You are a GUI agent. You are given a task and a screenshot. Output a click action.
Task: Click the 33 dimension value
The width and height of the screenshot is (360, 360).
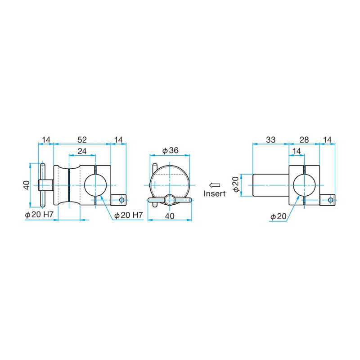click(x=270, y=140)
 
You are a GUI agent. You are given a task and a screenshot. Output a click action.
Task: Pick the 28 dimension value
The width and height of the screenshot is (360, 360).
click(x=304, y=140)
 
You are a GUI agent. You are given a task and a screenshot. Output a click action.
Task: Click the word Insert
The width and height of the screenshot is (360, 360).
click(x=215, y=194)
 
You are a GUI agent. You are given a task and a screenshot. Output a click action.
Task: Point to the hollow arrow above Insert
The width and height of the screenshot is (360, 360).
click(x=214, y=185)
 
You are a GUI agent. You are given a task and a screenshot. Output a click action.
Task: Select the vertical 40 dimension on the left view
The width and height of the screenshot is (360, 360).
click(x=26, y=184)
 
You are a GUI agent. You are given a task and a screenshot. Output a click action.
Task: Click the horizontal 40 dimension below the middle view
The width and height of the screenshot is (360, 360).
click(x=170, y=216)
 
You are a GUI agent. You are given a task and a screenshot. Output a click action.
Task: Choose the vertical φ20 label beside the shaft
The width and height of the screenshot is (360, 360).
click(x=235, y=184)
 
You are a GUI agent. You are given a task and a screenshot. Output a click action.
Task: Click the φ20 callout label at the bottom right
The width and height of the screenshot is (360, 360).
click(x=278, y=217)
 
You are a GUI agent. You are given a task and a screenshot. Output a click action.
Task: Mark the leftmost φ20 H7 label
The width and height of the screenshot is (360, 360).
click(x=40, y=216)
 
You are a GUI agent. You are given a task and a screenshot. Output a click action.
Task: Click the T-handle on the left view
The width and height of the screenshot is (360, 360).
click(x=42, y=184)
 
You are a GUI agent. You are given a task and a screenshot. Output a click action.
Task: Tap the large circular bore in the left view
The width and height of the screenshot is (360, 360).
click(x=95, y=185)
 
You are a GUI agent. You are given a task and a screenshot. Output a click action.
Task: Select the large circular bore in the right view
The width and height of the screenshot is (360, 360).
click(x=304, y=185)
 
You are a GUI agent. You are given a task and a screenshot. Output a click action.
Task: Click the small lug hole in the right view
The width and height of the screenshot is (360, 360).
click(x=331, y=199)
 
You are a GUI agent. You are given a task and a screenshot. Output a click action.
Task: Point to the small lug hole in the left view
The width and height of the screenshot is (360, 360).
click(x=121, y=199)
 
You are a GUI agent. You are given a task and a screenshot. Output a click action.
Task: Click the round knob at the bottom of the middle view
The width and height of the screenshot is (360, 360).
click(x=170, y=199)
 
